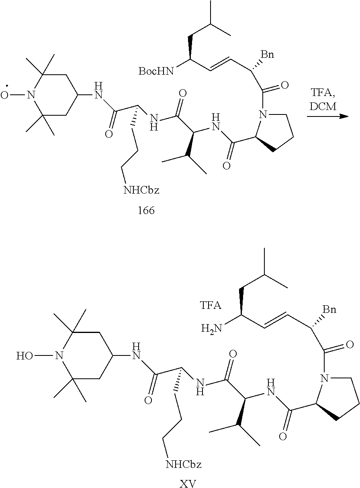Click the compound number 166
(x=146, y=210)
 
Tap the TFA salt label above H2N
(x=211, y=306)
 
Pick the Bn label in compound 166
(x=267, y=54)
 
